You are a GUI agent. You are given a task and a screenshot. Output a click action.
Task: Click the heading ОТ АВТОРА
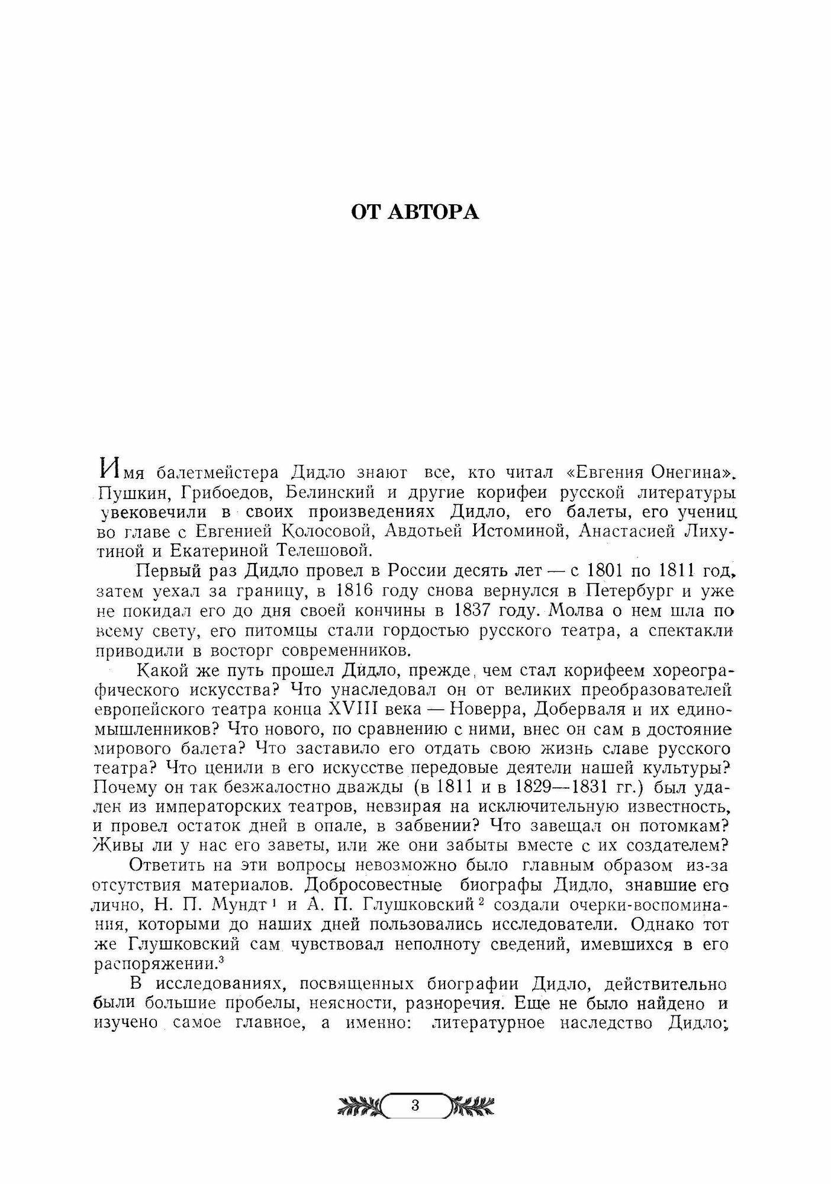[415, 212]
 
